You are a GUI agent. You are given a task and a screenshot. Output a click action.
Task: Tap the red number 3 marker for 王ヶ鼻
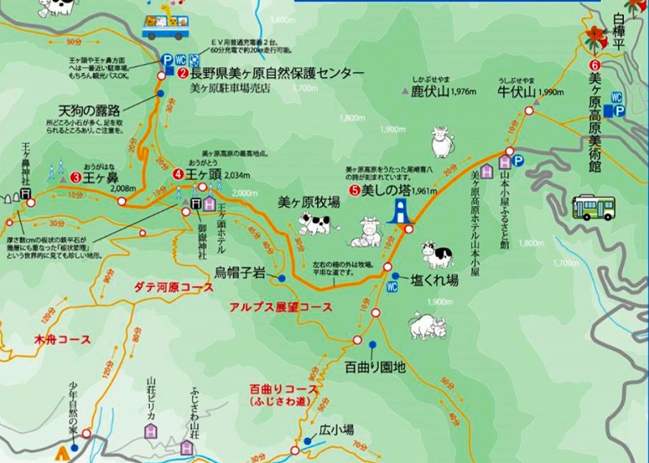75,176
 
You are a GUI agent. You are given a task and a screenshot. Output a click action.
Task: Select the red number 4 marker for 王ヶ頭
178,174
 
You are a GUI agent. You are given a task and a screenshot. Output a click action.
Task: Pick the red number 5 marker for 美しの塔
355,191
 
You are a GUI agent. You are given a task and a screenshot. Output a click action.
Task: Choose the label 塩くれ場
435,280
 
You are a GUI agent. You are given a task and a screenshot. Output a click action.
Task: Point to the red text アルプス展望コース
281,307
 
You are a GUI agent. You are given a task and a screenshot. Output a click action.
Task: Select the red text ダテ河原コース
174,288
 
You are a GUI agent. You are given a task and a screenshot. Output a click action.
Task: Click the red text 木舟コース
62,337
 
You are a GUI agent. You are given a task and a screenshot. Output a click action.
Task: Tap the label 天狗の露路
89,109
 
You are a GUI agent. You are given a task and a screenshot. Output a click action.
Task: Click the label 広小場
336,429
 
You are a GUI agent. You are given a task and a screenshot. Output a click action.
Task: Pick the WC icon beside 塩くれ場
392,286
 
